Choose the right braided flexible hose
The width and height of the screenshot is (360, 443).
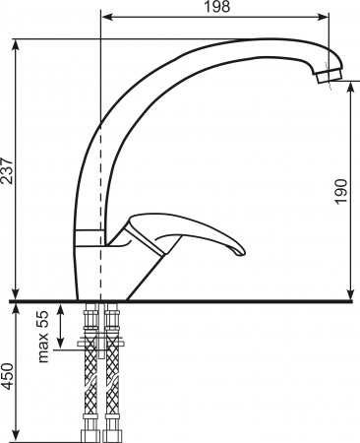pos(112,379)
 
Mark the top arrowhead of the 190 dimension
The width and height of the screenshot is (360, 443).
pos(351,90)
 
